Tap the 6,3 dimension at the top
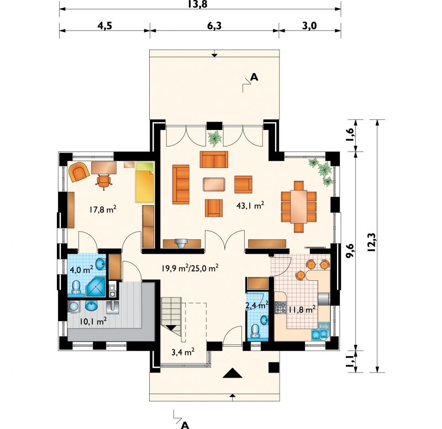tap(214, 25)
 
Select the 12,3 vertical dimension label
tap(372, 242)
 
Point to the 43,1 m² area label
tap(250, 205)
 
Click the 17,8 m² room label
tap(103, 210)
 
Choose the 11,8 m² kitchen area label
tap(301, 310)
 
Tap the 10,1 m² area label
tap(93, 321)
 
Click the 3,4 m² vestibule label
tap(183, 352)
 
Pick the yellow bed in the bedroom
tap(145, 182)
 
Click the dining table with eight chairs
tap(299, 207)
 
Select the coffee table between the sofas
tap(214, 184)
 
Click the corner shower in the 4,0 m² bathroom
tap(96, 286)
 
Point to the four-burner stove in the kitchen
tap(281, 308)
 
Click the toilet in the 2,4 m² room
tap(255, 331)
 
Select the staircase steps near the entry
tap(171, 313)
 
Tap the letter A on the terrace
tap(254, 77)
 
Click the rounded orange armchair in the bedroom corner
tap(79, 172)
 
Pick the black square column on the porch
tap(273, 367)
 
